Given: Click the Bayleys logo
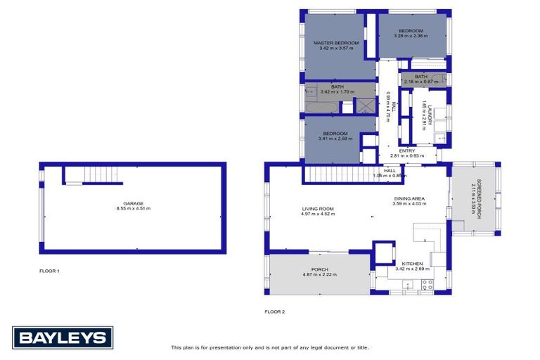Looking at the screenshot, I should click(x=62, y=337).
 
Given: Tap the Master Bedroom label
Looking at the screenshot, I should click(x=336, y=43).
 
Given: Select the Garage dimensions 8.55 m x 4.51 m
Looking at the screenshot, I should click(x=133, y=209).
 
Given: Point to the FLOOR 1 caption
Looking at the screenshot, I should click(x=49, y=271).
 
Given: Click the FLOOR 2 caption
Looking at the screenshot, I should click(x=274, y=311).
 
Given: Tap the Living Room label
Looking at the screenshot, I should click(x=319, y=209).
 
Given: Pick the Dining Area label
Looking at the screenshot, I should click(x=410, y=199).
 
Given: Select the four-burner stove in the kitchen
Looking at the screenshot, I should click(x=426, y=285).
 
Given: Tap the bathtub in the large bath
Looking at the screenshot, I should click(x=321, y=108).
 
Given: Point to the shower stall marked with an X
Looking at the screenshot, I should click(x=365, y=105).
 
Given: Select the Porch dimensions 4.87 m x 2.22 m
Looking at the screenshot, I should click(x=320, y=274).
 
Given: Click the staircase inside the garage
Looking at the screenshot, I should click(x=83, y=174).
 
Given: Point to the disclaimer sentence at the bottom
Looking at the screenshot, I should click(x=270, y=347).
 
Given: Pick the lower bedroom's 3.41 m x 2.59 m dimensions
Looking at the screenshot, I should click(x=335, y=139).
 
